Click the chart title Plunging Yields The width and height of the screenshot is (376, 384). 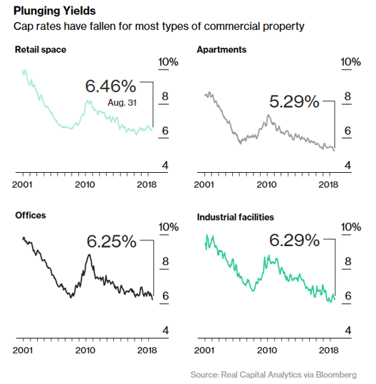click(53, 12)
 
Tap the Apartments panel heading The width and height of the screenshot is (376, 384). click(221, 50)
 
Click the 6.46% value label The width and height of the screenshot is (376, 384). click(110, 86)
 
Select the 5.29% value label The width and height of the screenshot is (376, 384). click(294, 102)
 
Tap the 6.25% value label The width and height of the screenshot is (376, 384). click(111, 241)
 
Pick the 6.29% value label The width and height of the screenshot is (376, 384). click(294, 241)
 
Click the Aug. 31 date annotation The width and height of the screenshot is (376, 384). click(122, 103)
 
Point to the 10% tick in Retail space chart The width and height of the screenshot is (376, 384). click(168, 63)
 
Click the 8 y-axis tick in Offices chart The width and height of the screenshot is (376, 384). click(166, 262)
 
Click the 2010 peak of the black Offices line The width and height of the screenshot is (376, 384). click(88, 255)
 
